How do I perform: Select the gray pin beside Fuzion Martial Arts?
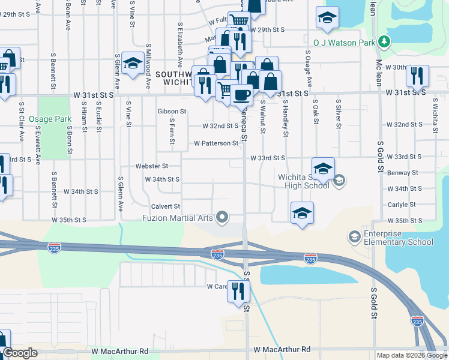[x=223, y=217]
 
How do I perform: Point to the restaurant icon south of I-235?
[x=238, y=291]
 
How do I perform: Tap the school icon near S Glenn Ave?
[x=132, y=63]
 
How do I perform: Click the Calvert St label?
[x=164, y=206]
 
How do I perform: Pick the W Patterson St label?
[x=216, y=143]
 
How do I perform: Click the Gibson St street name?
[x=172, y=111]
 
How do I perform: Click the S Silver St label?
[x=339, y=114]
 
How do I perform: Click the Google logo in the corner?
[x=20, y=353]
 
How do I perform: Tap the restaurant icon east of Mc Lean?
[x=417, y=76]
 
